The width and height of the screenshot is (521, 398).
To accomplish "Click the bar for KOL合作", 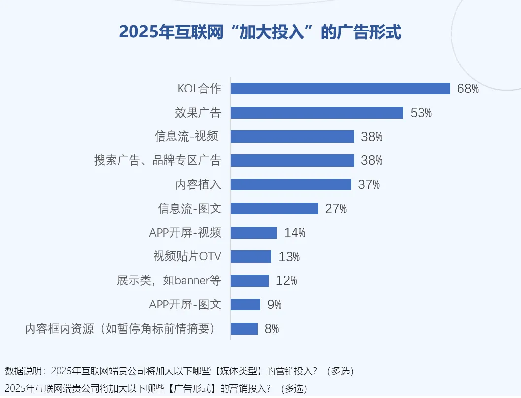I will tap(340, 89).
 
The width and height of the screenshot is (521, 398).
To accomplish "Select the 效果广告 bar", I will tap(317, 113).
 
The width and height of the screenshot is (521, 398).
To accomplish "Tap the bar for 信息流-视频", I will tap(293, 137).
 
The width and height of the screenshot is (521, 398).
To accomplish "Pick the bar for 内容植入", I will tap(291, 184).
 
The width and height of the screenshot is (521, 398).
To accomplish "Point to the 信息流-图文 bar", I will tap(274, 209).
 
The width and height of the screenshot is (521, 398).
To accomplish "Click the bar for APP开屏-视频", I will tap(254, 233).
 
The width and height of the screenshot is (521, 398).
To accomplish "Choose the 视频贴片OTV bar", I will tap(251, 256).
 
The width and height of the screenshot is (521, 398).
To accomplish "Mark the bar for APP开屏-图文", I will tap(245, 305).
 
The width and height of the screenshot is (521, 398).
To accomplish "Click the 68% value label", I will tap(468, 89).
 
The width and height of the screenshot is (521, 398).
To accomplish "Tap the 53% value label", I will tap(421, 113).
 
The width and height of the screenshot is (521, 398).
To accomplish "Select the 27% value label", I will tap(336, 209).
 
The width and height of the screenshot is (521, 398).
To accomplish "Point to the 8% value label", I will tap(272, 329).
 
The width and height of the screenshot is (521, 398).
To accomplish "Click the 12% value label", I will tap(287, 280).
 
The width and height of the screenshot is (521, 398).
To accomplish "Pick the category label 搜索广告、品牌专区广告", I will tap(158, 161).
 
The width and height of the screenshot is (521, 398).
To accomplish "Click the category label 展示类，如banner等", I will tap(169, 281).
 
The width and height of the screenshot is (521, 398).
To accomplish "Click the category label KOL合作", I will tap(199, 89).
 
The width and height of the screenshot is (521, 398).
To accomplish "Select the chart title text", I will tap(260, 32).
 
